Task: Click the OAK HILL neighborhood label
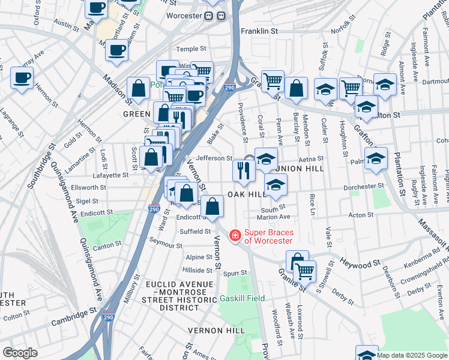tap(246, 195)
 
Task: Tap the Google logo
tap(20, 353)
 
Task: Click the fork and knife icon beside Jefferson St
tap(244, 170)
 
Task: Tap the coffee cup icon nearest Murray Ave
tap(22, 78)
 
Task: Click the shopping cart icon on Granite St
tap(304, 271)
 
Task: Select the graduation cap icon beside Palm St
tap(376, 158)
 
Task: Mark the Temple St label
tap(191, 49)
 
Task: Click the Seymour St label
tap(166, 245)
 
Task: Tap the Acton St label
tap(361, 215)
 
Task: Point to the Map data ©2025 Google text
tap(412, 355)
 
